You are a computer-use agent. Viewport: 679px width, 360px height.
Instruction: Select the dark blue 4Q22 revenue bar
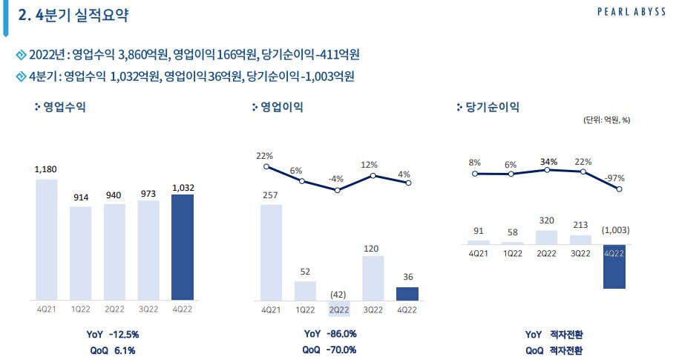pos(183,247)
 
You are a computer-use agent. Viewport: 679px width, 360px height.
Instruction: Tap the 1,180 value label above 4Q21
pos(46,170)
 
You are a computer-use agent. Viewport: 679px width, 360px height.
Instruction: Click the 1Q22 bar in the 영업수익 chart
pos(80,253)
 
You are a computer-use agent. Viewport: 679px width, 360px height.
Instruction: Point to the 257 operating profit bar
pos(271,252)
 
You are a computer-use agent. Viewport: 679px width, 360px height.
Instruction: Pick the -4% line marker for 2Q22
pos(338,190)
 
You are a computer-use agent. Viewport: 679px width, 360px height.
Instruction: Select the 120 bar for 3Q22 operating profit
pos(373,278)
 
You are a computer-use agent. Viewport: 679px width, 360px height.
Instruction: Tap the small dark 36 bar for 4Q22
pos(407,293)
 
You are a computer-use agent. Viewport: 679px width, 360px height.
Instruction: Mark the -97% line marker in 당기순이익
pos(619,189)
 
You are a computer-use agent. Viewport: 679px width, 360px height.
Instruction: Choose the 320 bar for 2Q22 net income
pos(546,237)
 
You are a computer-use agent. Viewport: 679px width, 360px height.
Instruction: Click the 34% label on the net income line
pos(548,162)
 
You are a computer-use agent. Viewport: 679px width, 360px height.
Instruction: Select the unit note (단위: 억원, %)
pos(606,120)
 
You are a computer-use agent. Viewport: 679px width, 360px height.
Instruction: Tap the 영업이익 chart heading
pos(281,107)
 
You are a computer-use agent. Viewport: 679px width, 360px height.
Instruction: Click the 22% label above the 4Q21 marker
pos(265,156)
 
